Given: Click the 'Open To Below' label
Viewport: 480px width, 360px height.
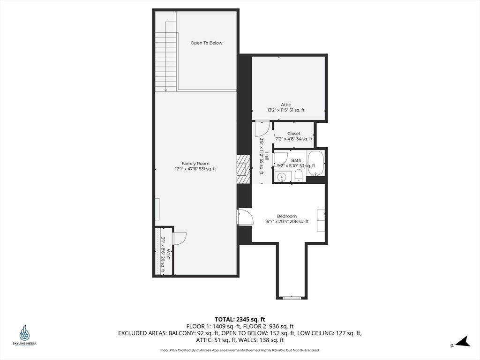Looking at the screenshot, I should [206, 43].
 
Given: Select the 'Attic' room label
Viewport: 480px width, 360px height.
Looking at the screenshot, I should [286, 105].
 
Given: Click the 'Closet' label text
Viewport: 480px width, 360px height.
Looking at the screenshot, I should [294, 134].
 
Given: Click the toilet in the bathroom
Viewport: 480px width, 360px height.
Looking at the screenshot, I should [299, 176].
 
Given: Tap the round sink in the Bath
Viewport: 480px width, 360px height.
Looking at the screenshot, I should [282, 177].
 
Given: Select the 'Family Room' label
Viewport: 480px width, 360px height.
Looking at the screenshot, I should [195, 164].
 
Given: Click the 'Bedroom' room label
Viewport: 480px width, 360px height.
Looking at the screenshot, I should [286, 216].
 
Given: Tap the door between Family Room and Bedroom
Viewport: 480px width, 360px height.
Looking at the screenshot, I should [245, 217].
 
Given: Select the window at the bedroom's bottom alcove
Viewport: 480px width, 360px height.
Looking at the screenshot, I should [292, 297].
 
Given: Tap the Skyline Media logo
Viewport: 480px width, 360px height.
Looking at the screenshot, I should [24, 335].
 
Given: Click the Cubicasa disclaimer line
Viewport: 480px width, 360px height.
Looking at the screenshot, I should [240, 350].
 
